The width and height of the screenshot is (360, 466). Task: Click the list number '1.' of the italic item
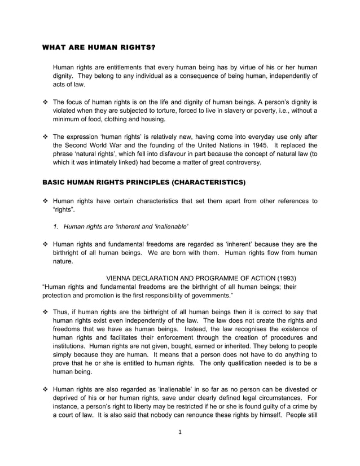coord(56,227)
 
